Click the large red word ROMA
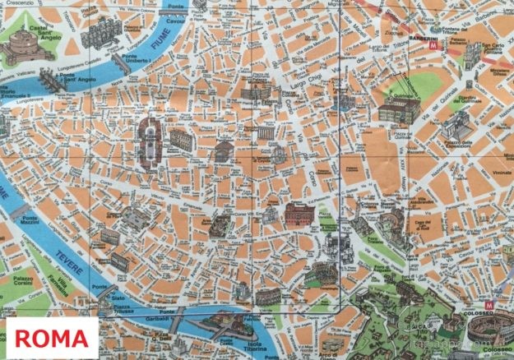[51, 338]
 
